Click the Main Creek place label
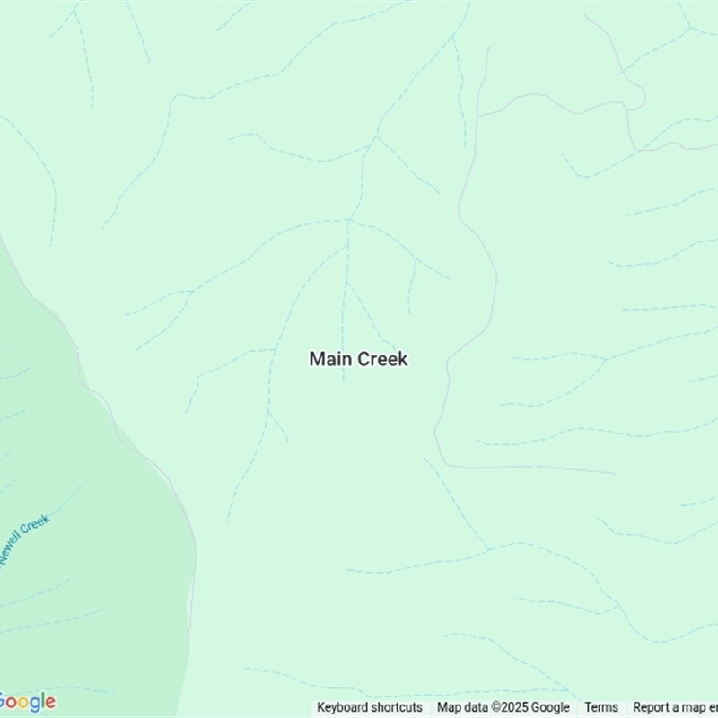pos(358,359)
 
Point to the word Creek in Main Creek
pos(382,359)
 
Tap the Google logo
pos(27,702)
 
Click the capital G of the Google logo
pos(4,702)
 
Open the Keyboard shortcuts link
pos(369,707)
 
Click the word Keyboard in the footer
pos(345,707)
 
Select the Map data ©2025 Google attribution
pos(503,707)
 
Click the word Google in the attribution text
pos(550,707)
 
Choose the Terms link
pos(601,707)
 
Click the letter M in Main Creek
pos(317,359)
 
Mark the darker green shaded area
pos(81,556)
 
